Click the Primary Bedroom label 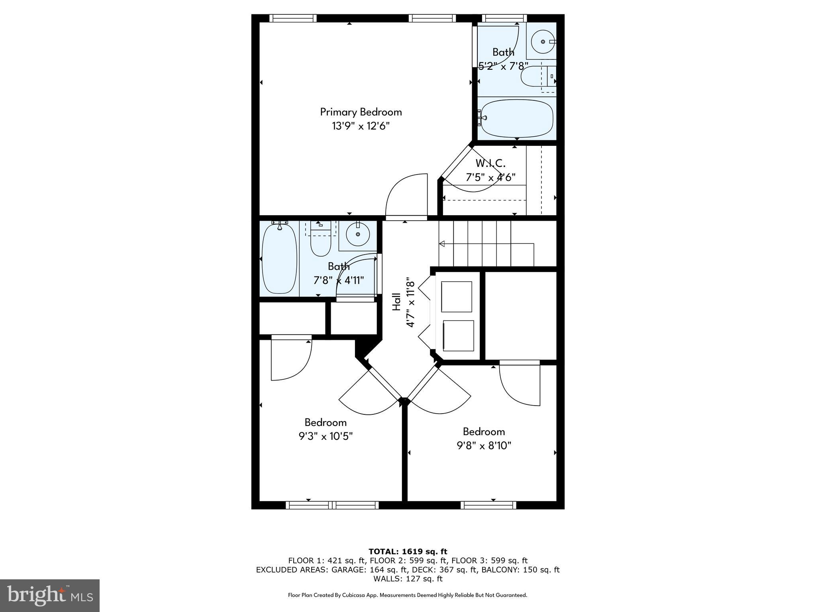coord(361,112)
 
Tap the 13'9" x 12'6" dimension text coord(361,126)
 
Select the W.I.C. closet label coord(490,163)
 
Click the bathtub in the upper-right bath coord(517,118)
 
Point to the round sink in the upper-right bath coord(543,41)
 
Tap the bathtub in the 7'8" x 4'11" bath coord(279,259)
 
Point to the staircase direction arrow coord(442,243)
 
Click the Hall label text coord(396,302)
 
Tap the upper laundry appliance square coord(457,297)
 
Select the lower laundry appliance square coord(458,335)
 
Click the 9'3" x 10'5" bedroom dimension coord(326,436)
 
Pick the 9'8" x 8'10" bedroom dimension coord(484,445)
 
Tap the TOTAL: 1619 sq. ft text coord(408,552)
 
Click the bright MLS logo coord(50,596)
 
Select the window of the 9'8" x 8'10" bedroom coord(488,505)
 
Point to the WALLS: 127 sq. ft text coord(408,579)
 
